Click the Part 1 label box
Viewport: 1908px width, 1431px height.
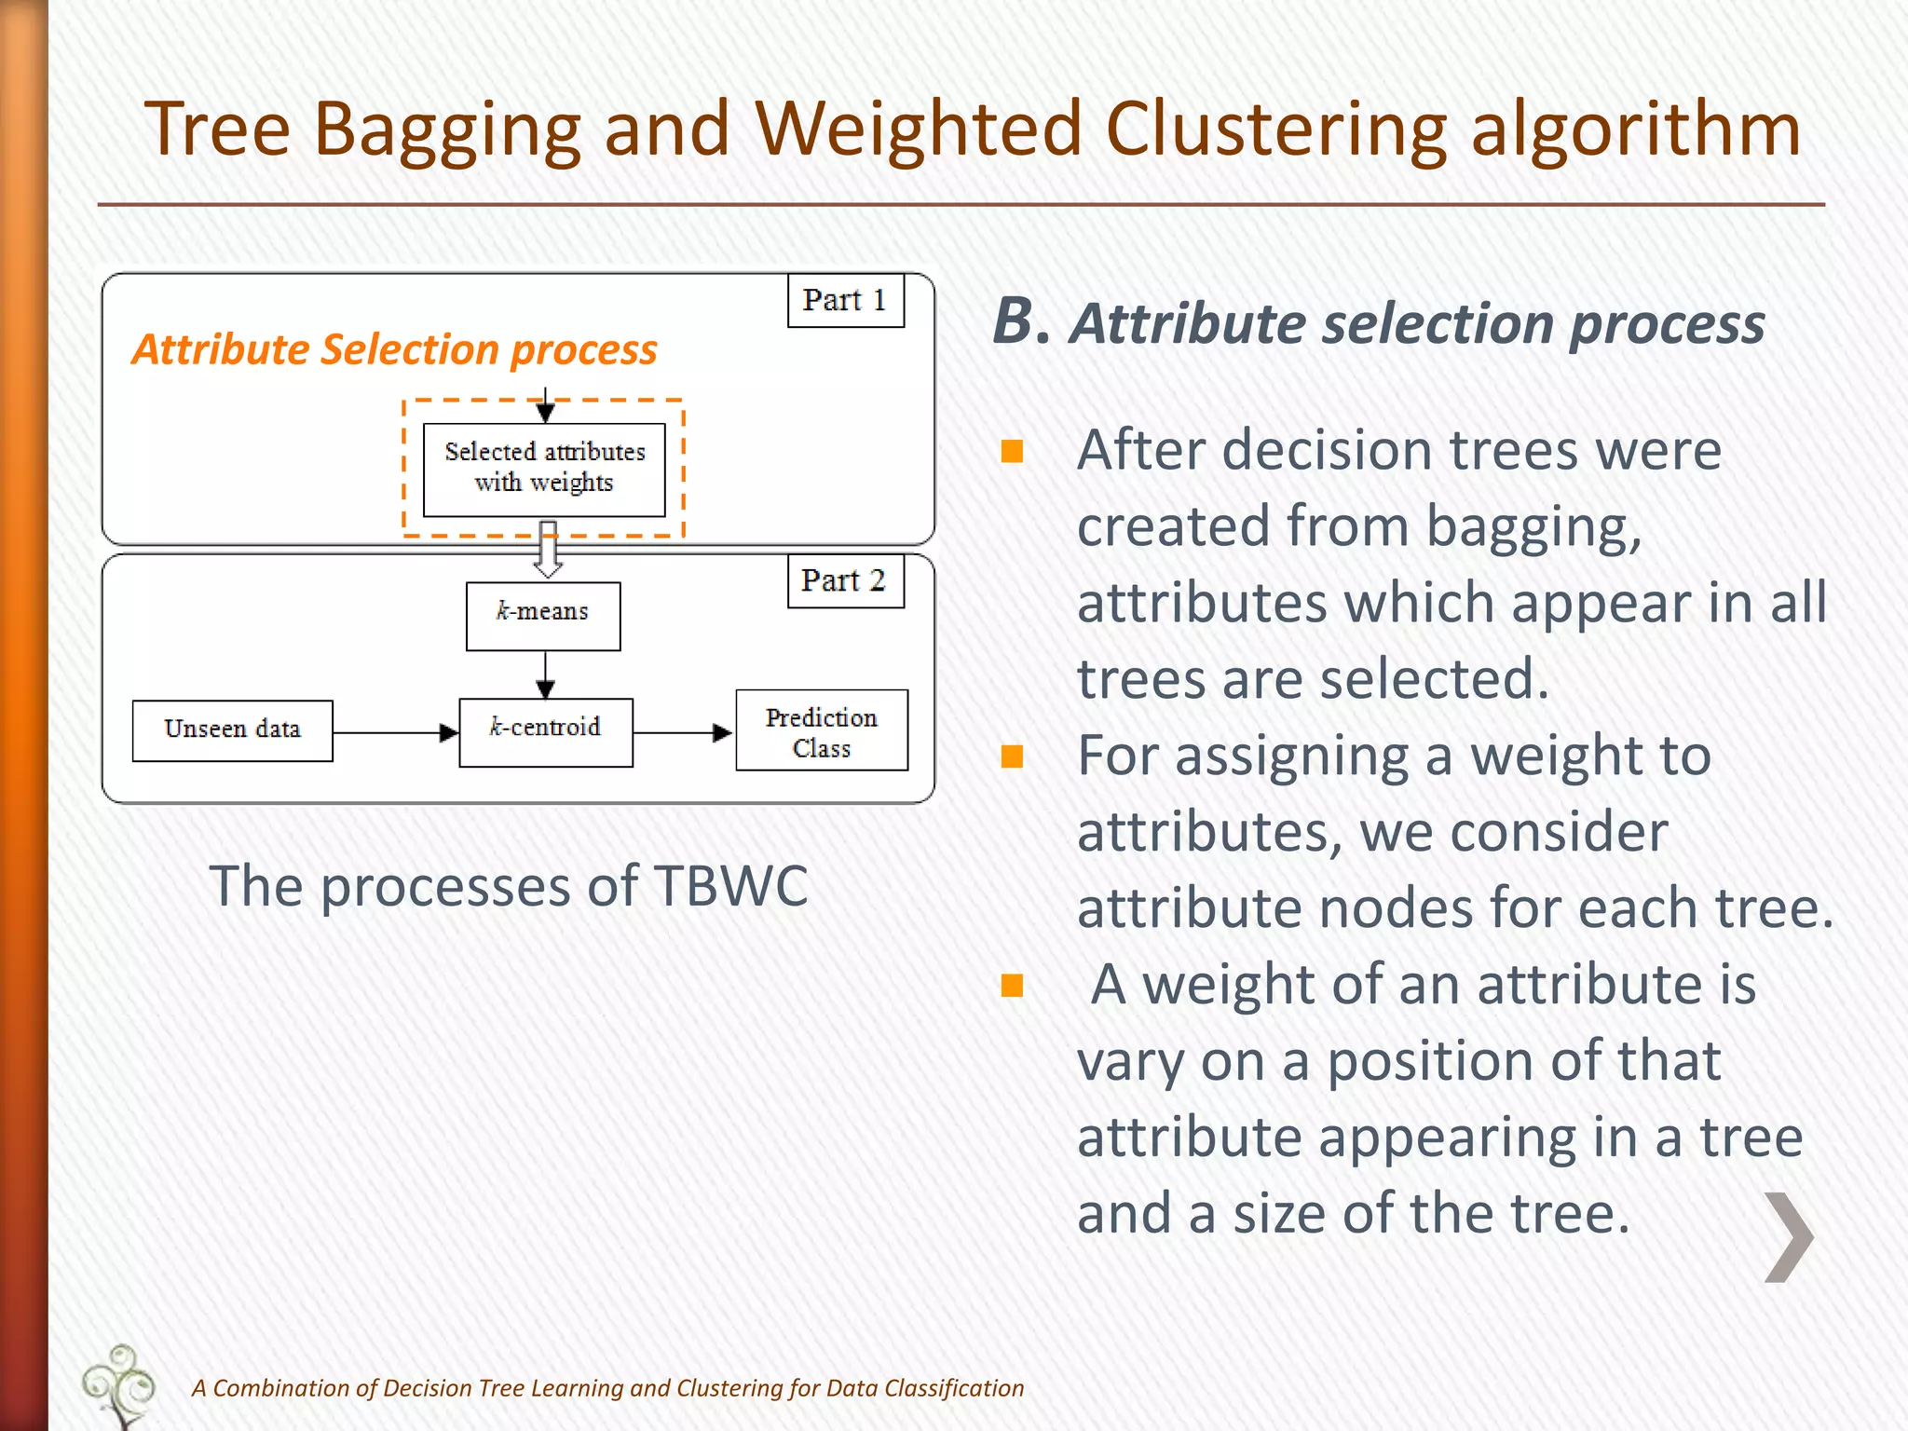click(845, 300)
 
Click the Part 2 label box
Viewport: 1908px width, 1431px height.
click(845, 580)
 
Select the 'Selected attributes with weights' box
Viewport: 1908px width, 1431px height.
click(544, 469)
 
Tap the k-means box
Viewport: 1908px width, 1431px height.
click(543, 615)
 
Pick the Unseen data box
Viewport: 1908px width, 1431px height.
click(232, 730)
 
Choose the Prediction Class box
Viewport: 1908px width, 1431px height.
click(821, 730)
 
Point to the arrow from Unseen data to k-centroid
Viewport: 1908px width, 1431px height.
click(395, 732)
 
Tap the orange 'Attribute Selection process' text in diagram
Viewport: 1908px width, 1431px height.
click(394, 350)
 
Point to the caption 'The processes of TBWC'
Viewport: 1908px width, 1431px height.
click(509, 885)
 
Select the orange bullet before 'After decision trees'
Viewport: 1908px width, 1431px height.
click(1012, 452)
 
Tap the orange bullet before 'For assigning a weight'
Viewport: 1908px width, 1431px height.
click(1012, 756)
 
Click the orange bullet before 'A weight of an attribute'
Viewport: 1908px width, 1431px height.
click(1012, 986)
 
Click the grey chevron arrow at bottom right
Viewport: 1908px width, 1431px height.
click(1789, 1236)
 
